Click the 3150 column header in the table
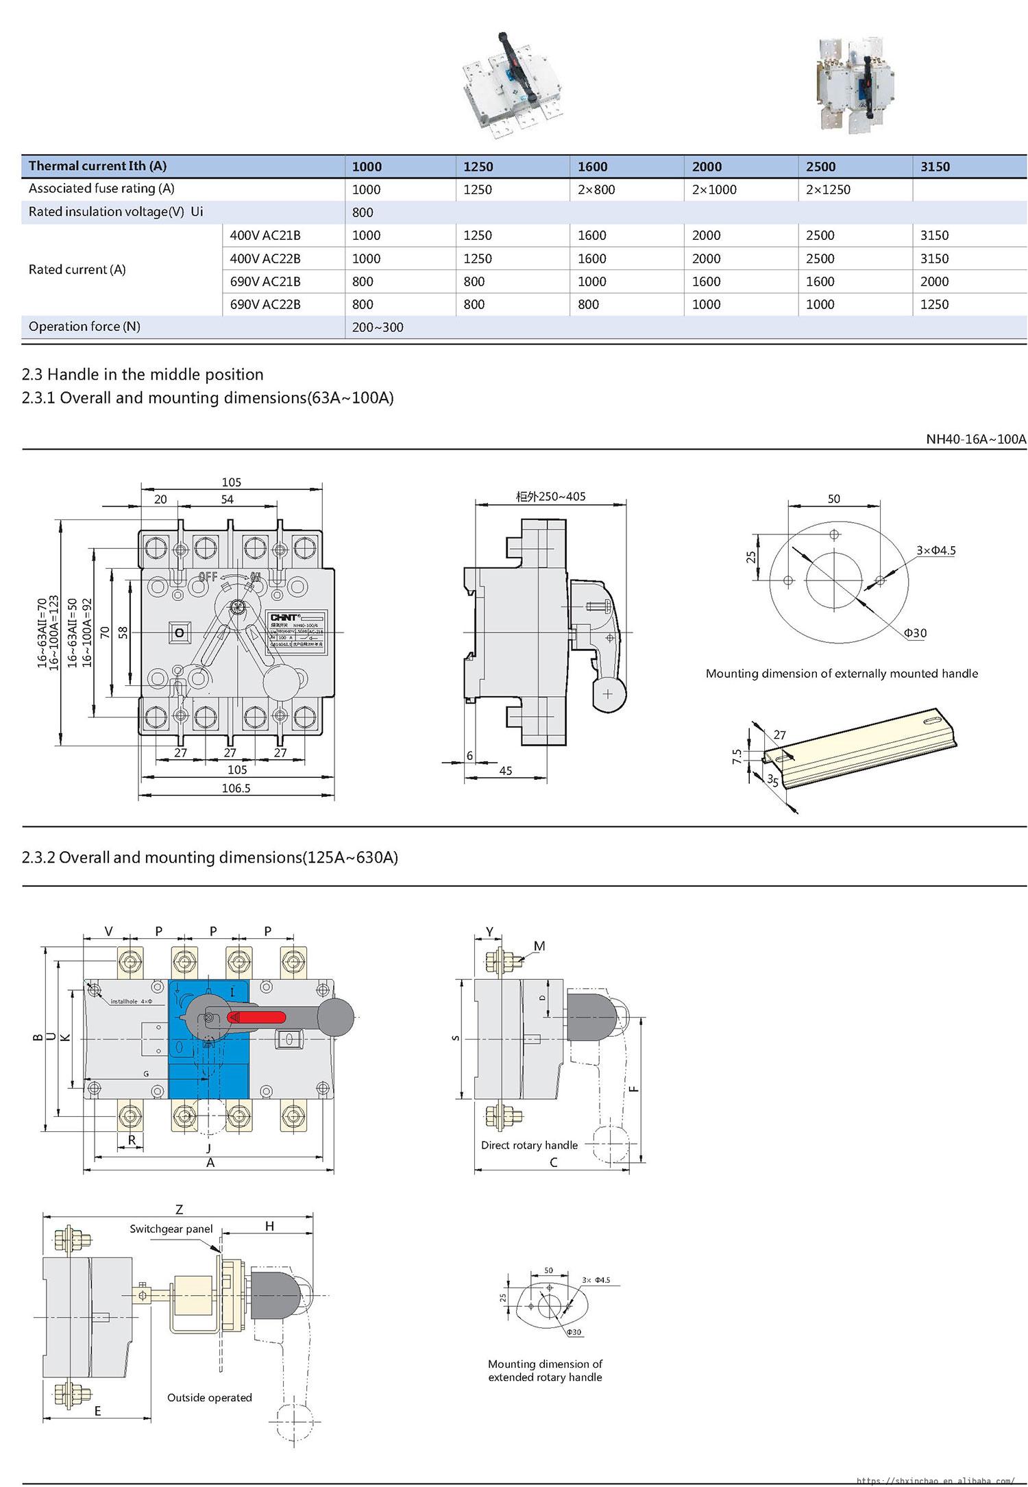(x=935, y=167)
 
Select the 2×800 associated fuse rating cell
(x=596, y=190)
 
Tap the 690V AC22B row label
(x=265, y=304)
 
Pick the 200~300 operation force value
(x=378, y=328)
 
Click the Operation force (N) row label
(x=84, y=327)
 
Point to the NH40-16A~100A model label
(x=976, y=439)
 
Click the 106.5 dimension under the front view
(x=236, y=788)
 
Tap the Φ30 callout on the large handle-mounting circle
(x=915, y=633)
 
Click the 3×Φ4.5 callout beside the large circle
(x=935, y=550)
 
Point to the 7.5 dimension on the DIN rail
(x=737, y=756)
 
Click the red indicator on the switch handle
(x=257, y=1018)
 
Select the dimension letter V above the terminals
(x=108, y=931)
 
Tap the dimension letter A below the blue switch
(x=210, y=1162)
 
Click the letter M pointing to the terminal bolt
(x=539, y=946)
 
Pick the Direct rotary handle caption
(x=529, y=1145)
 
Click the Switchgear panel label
(x=171, y=1229)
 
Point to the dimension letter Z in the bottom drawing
(x=179, y=1210)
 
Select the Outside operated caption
(x=210, y=1397)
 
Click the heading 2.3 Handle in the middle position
(x=143, y=375)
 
